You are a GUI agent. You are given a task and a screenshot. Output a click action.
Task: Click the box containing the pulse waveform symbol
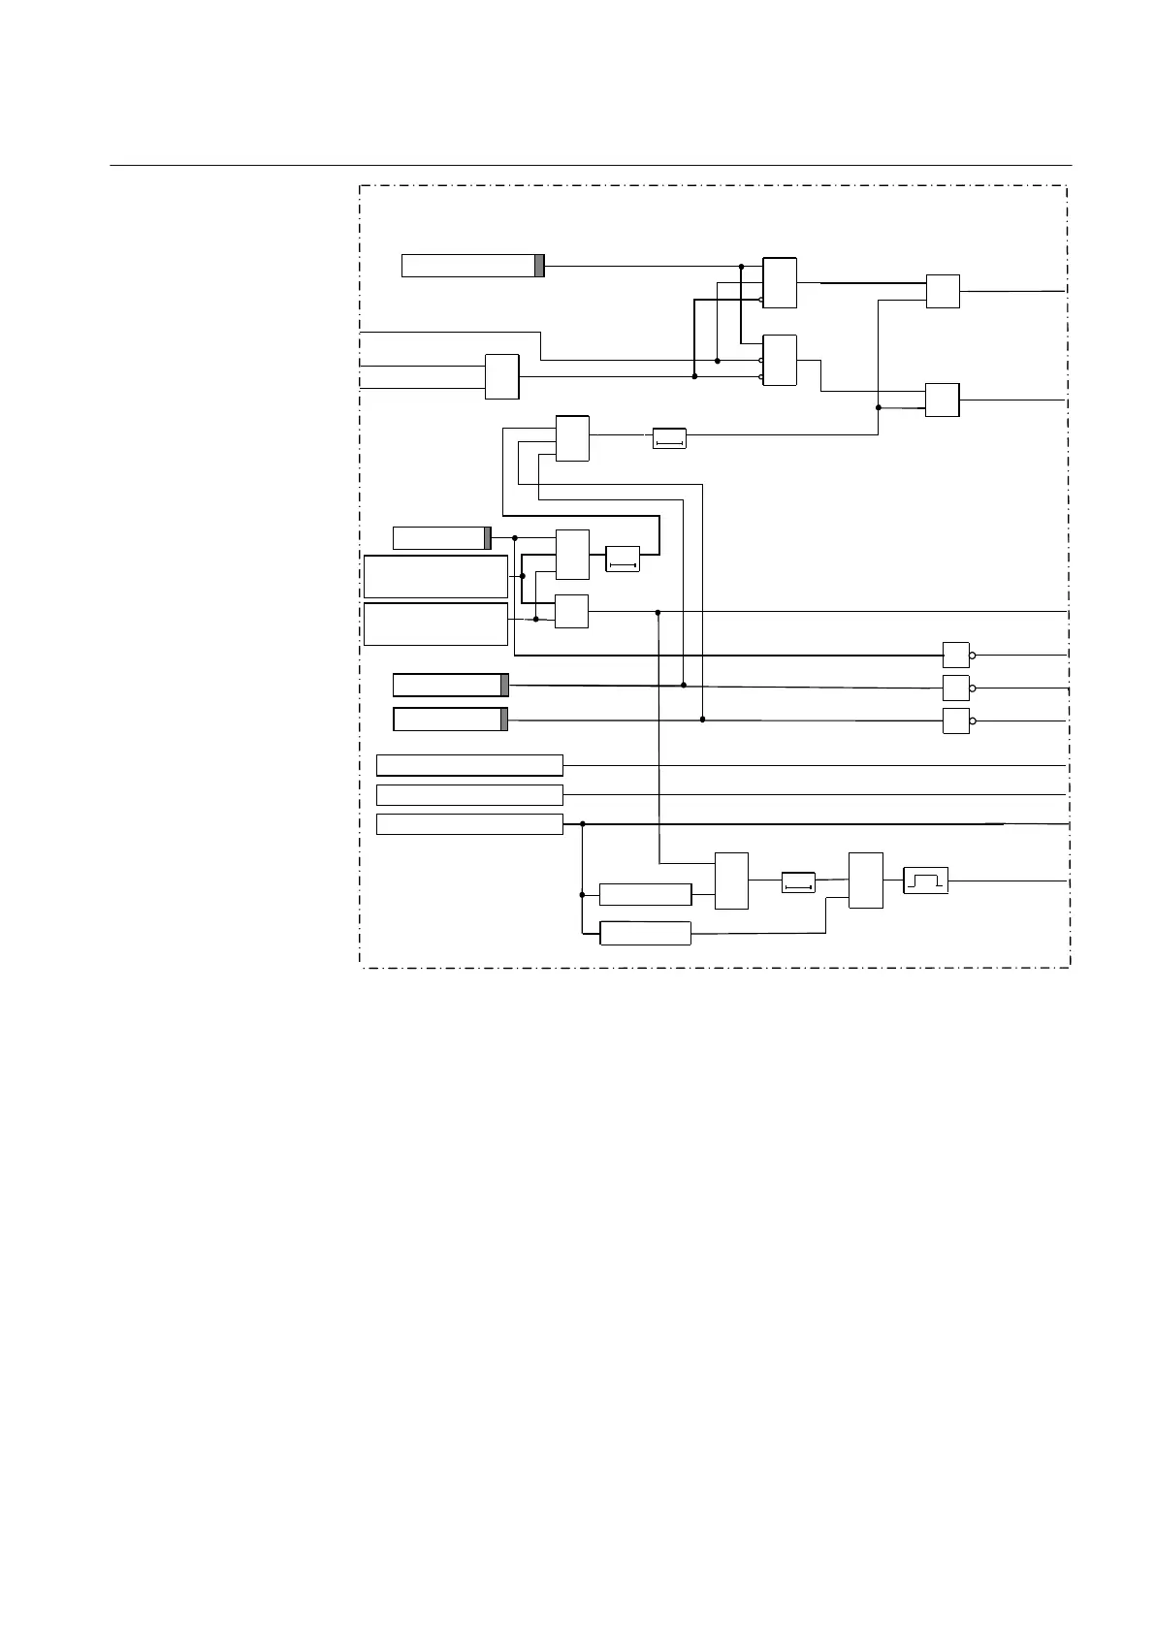[925, 881]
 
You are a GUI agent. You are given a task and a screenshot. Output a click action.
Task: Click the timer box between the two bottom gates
[798, 882]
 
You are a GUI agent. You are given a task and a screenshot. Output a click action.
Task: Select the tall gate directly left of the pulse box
[865, 881]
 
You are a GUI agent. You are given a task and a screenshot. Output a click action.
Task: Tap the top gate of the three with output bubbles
[955, 655]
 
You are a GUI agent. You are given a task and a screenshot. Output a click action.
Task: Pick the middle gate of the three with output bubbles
[955, 688]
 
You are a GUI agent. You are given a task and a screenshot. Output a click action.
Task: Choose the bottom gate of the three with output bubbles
[955, 720]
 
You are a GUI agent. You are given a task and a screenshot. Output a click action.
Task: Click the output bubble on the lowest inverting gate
[972, 720]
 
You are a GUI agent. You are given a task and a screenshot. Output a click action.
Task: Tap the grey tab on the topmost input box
[539, 265]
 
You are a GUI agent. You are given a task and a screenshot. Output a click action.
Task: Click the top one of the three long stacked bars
[469, 765]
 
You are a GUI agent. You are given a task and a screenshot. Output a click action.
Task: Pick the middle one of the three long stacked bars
[469, 795]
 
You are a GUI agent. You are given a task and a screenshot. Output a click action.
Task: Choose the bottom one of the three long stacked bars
[469, 824]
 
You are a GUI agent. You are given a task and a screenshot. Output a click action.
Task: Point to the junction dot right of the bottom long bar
[582, 824]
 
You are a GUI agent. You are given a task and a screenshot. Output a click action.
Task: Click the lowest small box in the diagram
[645, 933]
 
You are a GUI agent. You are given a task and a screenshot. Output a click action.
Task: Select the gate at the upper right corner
[943, 291]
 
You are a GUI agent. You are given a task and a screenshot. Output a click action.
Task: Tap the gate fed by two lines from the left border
[501, 376]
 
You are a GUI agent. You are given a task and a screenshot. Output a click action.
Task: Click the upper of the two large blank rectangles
[435, 576]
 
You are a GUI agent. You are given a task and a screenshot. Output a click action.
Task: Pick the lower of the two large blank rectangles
[435, 624]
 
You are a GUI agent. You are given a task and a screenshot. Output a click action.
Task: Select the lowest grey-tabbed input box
[450, 720]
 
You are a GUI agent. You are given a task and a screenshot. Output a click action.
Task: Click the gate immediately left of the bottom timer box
[731, 881]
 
